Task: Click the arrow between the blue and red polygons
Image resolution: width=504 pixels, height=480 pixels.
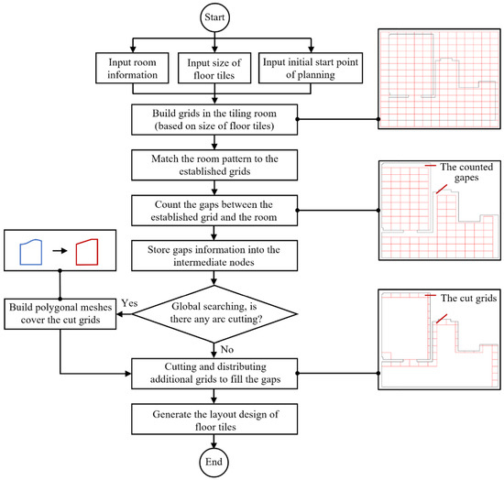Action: coord(60,251)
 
